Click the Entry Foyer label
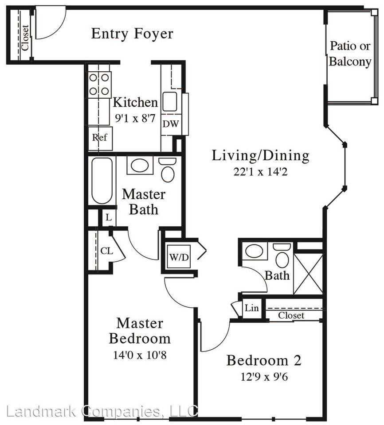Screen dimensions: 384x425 [132, 34]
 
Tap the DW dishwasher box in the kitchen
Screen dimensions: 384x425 [171, 124]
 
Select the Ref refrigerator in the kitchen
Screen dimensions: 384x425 [100, 138]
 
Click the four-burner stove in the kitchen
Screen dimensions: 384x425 [99, 85]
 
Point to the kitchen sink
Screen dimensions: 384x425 [170, 102]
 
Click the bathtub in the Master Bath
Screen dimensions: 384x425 [102, 181]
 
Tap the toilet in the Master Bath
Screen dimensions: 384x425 [167, 170]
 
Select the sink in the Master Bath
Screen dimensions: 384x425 [140, 165]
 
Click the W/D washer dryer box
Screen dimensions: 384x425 [178, 257]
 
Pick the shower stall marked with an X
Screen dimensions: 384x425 [308, 274]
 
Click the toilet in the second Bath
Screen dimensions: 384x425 [282, 255]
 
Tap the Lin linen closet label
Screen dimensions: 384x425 [251, 308]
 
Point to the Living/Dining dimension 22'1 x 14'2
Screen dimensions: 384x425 [260, 172]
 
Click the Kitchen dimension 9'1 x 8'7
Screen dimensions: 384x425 [135, 118]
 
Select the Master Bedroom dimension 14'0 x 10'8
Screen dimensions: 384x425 [140, 355]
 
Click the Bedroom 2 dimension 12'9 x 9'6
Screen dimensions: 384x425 [264, 377]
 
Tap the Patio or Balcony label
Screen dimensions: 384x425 [350, 54]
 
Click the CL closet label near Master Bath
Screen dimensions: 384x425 [107, 251]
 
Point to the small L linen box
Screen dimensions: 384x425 [109, 217]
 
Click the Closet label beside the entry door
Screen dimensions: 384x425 [25, 38]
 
